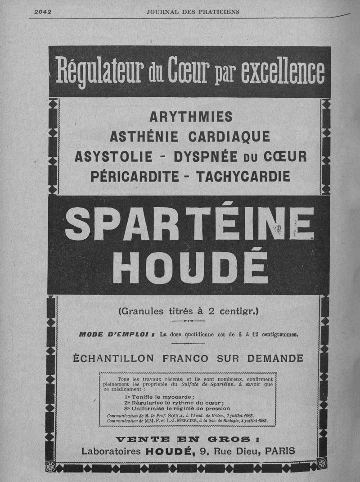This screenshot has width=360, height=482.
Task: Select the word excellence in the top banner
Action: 282,71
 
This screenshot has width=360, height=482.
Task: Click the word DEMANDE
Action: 270,359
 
